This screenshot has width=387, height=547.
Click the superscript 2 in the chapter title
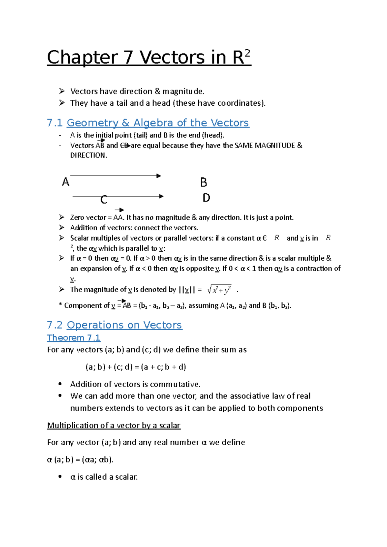(247, 53)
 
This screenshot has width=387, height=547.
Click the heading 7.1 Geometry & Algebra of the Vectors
(148, 123)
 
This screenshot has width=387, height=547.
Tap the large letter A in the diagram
(65, 182)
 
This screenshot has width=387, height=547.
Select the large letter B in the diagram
(203, 182)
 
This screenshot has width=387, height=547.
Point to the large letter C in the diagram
(104, 200)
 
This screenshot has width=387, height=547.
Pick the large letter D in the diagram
(206, 198)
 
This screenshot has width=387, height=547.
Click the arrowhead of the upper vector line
(159, 176)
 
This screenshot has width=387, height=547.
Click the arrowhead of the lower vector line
(162, 196)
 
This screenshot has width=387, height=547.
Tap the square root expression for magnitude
(219, 290)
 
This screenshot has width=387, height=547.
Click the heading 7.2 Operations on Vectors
(114, 325)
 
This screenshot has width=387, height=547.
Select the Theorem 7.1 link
(74, 338)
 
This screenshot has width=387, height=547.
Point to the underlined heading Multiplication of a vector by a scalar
(114, 426)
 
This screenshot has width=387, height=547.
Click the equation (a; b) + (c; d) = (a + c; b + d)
(136, 367)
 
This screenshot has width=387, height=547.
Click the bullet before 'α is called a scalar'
(60, 477)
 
